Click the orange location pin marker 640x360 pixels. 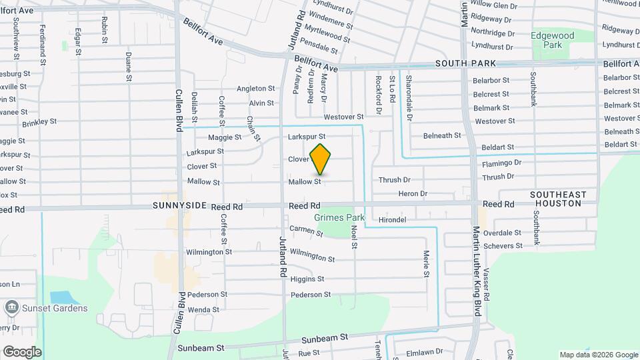click(x=321, y=159)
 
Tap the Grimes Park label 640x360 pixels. click(x=339, y=217)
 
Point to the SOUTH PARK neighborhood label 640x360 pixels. click(x=466, y=63)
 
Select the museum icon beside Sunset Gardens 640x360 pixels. click(x=11, y=308)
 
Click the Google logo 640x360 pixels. click(x=22, y=352)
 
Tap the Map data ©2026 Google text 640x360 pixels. click(x=598, y=355)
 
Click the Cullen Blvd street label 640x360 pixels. click(x=179, y=110)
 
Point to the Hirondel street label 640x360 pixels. click(x=392, y=219)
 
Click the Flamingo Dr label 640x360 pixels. click(x=499, y=162)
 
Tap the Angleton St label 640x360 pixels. click(x=256, y=88)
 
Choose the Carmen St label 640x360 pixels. click(x=306, y=231)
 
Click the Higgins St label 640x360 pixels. click(x=307, y=279)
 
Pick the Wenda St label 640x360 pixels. click(x=203, y=310)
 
